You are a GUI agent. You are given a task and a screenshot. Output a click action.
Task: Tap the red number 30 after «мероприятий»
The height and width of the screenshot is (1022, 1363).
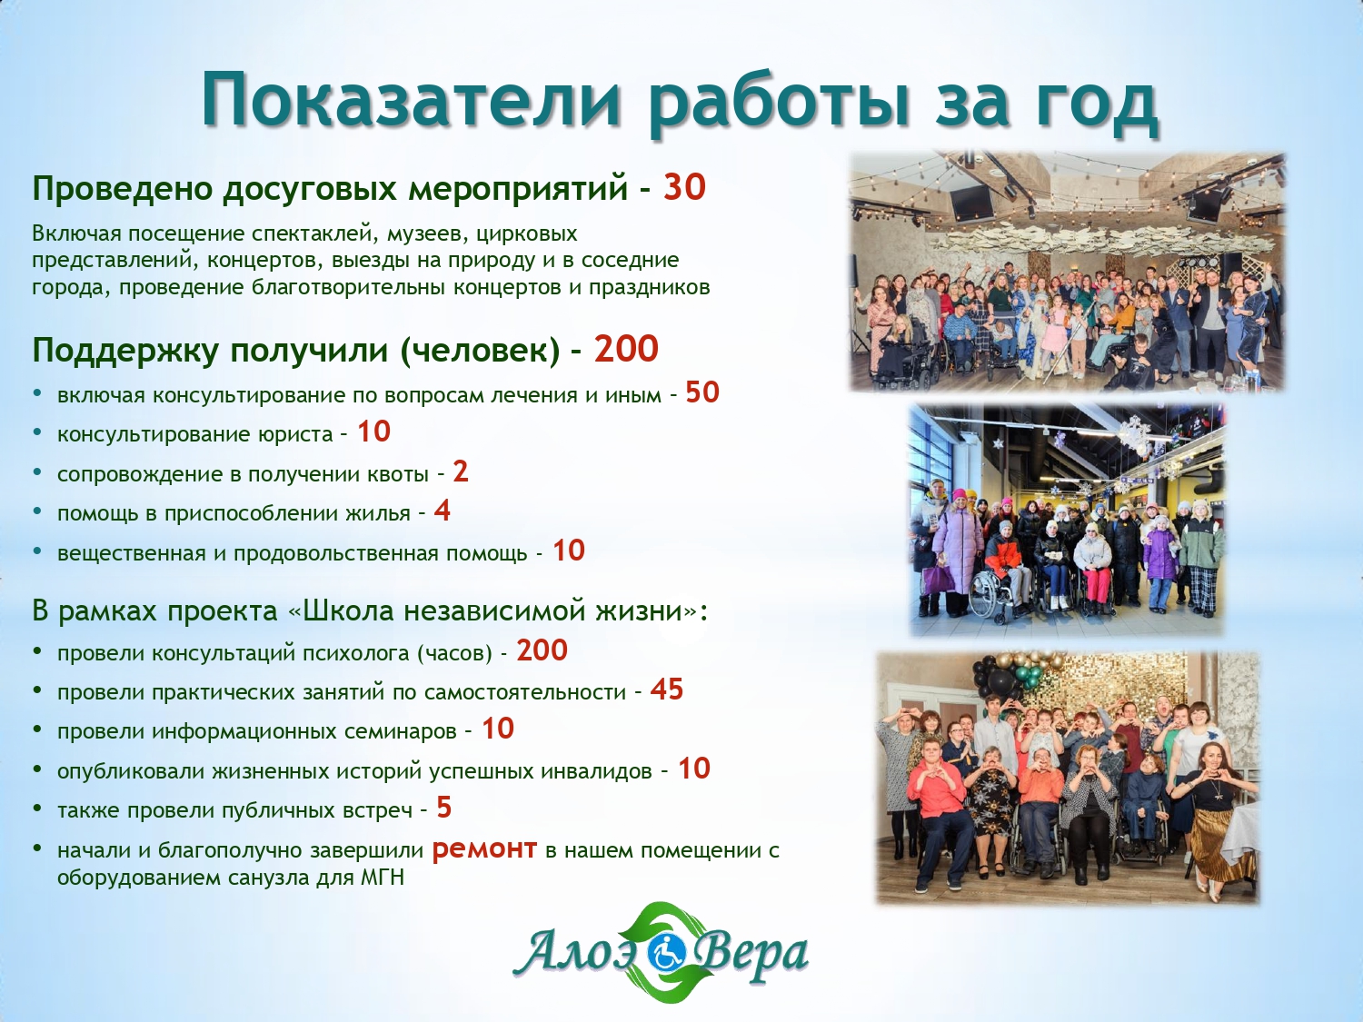tap(684, 187)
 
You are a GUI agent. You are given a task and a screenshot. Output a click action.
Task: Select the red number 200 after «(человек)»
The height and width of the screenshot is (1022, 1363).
tap(626, 349)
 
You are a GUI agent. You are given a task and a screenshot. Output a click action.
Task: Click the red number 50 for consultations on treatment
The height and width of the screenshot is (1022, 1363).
tap(702, 392)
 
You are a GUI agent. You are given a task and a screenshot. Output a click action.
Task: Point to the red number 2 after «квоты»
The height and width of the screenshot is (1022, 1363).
tap(460, 472)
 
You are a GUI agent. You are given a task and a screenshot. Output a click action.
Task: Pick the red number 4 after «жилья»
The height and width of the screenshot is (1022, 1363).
tap(443, 511)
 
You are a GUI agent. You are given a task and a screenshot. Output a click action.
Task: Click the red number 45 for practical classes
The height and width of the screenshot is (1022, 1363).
tap(666, 690)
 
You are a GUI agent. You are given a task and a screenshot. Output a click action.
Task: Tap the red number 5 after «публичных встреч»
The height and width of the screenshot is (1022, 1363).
tap(443, 808)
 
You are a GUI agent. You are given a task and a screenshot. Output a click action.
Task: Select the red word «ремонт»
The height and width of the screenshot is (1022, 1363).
tap(484, 848)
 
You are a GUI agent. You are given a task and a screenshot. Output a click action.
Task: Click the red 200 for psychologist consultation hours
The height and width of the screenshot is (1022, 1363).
tap(542, 650)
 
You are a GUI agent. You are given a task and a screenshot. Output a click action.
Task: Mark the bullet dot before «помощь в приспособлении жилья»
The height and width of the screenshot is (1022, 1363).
tap(38, 512)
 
